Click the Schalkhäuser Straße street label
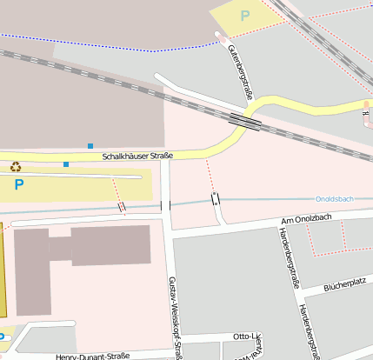(x=137, y=157)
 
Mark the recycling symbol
(x=15, y=166)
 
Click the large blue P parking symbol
(x=19, y=184)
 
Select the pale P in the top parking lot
(x=244, y=16)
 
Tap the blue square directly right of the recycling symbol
(x=66, y=163)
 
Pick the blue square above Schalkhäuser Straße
(x=90, y=146)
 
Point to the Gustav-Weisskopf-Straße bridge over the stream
(x=165, y=206)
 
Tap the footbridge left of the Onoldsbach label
(x=216, y=199)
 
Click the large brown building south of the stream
(x=110, y=245)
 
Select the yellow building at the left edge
(x=3, y=270)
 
